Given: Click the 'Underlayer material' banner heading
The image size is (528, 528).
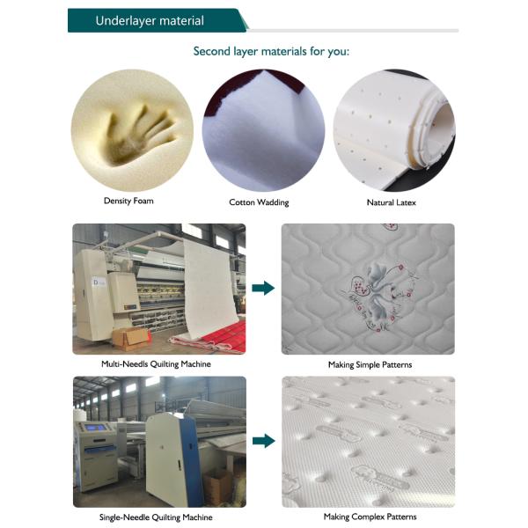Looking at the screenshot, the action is click(150, 21).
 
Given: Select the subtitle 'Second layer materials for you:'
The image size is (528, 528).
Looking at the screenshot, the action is click(271, 52).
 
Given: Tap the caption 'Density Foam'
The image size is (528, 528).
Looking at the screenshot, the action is click(128, 201).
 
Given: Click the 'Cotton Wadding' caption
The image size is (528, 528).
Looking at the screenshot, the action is click(259, 202).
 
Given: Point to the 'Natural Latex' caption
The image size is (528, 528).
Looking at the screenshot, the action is click(392, 202).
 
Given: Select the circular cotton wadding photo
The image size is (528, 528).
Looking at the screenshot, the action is click(263, 130).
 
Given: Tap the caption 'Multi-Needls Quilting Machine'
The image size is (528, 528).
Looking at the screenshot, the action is click(157, 364).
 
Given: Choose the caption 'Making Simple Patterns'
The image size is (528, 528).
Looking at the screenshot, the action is click(370, 364).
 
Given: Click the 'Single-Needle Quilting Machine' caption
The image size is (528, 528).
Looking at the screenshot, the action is click(156, 517).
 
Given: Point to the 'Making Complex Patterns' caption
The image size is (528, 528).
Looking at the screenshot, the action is click(370, 517).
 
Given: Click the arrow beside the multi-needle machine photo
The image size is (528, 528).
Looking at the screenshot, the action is click(263, 289).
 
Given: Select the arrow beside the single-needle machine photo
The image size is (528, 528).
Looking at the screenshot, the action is click(264, 441).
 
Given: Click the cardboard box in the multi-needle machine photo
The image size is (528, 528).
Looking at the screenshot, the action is click(130, 339).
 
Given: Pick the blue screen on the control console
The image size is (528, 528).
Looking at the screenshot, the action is click(94, 429).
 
